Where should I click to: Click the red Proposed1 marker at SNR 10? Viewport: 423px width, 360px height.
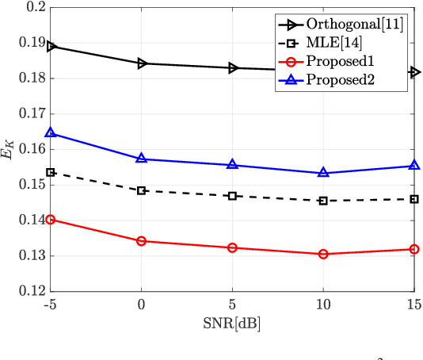coord(323,254)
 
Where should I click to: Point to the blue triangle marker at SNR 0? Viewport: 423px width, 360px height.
coord(142,159)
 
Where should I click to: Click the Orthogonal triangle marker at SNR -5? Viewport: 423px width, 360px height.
coord(51,46)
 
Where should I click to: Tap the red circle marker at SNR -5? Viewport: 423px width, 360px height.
coord(51,219)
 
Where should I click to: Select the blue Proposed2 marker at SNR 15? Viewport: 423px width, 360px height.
coord(413,166)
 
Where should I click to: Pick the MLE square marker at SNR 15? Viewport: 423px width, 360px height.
coord(413,199)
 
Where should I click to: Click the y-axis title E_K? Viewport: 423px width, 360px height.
coord(9,149)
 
